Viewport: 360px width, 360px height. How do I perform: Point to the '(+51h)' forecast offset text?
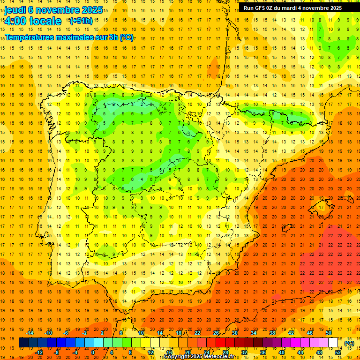click(81, 21)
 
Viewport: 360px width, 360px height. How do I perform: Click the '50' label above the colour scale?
click(329, 333)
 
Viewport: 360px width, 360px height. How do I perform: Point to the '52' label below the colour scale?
click(338, 352)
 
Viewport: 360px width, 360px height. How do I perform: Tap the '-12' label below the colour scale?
click(39, 352)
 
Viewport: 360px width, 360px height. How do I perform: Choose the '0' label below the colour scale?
click(93, 352)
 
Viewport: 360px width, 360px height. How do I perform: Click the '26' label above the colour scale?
click(216, 333)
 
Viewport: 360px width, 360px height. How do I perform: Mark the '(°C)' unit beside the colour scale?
click(349, 343)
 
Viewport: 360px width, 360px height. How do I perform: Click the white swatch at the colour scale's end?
click(333, 343)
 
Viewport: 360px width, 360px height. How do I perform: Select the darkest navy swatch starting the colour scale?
click(23, 343)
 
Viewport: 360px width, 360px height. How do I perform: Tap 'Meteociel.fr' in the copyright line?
click(218, 357)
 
